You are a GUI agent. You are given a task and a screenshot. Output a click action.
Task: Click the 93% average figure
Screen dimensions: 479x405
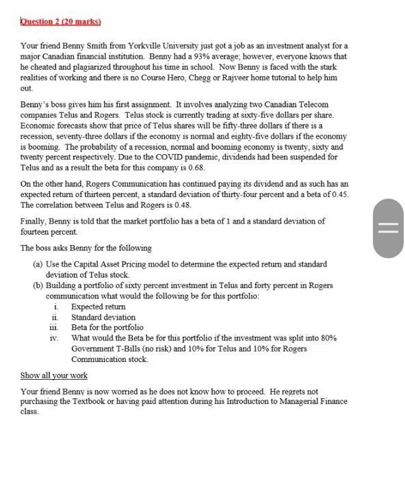tap(172, 56)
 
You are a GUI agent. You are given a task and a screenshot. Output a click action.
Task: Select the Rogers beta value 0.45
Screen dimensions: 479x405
tap(339, 194)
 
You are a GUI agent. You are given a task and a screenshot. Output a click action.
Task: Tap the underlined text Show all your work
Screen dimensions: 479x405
tap(54, 376)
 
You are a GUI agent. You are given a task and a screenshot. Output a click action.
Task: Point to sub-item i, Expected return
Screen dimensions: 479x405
tap(98, 307)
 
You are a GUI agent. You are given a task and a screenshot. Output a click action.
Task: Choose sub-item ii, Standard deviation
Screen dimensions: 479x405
tap(103, 317)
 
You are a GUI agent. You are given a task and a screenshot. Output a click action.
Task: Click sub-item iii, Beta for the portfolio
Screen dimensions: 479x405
tap(107, 327)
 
